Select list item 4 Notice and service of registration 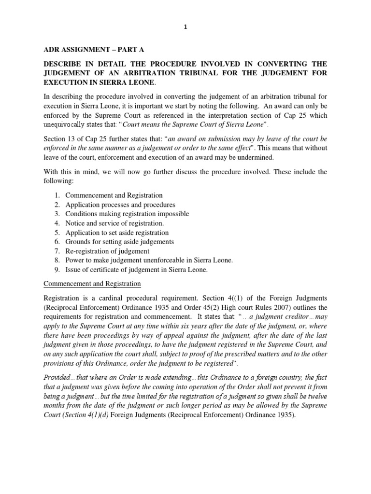pyautogui.click(x=109, y=223)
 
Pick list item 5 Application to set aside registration pyautogui.click(x=111, y=233)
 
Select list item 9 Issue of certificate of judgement pyautogui.click(x=130, y=270)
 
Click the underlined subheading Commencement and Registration pyautogui.click(x=92, y=284)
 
